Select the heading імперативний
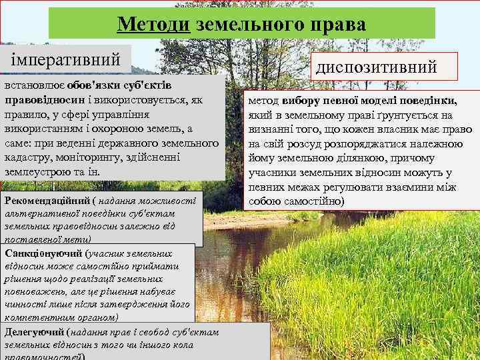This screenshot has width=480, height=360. click(65, 59)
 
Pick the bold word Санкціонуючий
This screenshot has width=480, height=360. click(44, 253)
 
